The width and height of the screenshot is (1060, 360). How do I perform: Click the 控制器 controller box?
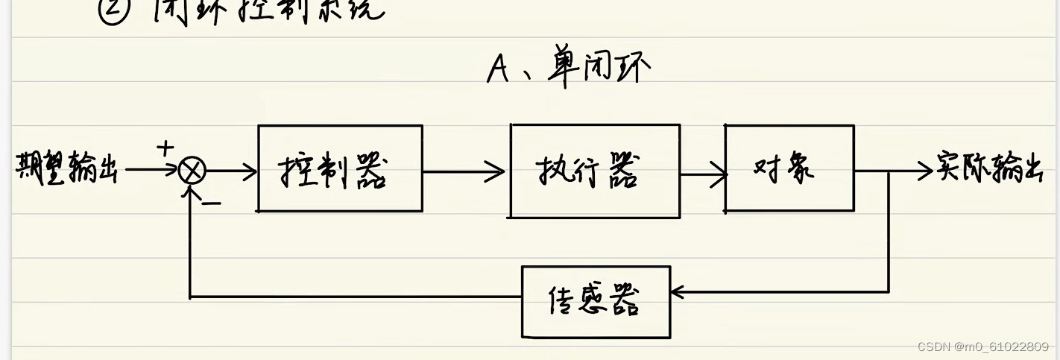click(x=340, y=168)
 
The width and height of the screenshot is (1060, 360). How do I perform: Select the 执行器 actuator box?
click(x=594, y=171)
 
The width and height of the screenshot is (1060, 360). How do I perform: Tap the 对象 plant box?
click(x=789, y=168)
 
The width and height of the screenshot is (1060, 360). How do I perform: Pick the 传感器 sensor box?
click(x=595, y=301)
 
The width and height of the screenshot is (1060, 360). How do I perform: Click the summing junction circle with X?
click(x=192, y=171)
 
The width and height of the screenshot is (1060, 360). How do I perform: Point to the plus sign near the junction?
click(x=165, y=148)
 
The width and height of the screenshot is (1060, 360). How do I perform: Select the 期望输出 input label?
click(x=66, y=168)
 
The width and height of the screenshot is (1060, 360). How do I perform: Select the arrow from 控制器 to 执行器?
click(x=464, y=172)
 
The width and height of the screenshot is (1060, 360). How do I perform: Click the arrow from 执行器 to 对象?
click(x=703, y=175)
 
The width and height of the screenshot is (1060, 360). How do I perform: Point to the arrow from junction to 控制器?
click(x=231, y=171)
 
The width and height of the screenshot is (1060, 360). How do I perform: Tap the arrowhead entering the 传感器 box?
click(x=678, y=292)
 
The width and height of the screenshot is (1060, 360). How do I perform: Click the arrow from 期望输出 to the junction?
click(x=149, y=170)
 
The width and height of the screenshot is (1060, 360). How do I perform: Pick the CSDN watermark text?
click(x=982, y=347)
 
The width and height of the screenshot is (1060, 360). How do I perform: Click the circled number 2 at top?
click(x=114, y=10)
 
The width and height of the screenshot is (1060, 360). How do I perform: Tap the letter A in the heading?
click(x=498, y=69)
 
